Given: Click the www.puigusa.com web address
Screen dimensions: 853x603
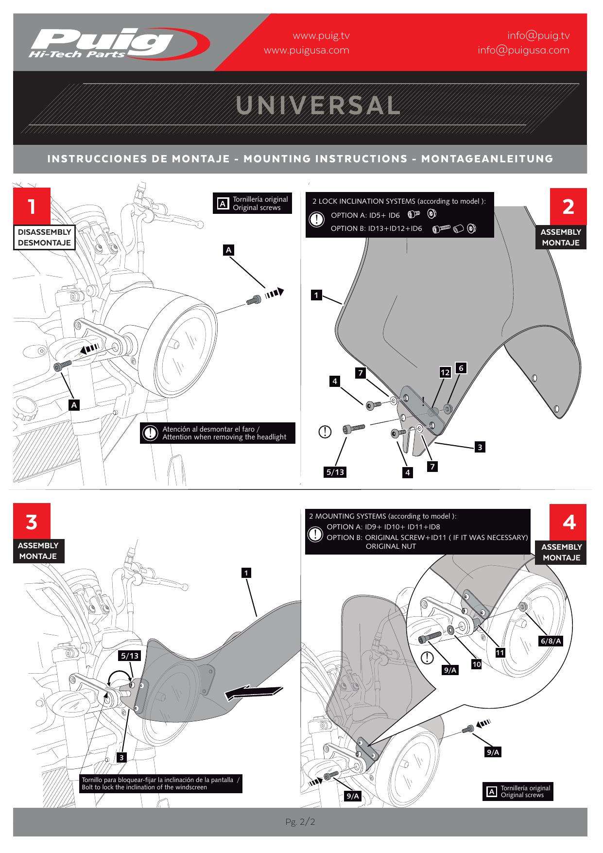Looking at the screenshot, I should click(x=306, y=50).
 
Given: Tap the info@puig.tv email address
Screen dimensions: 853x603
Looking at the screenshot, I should click(x=538, y=35).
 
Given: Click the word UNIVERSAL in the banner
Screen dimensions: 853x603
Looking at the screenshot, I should click(x=318, y=105).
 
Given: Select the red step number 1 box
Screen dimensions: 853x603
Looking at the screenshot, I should click(x=32, y=206).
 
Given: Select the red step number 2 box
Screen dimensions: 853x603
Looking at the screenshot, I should click(x=568, y=206).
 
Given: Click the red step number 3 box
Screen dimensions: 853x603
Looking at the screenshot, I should click(x=32, y=522).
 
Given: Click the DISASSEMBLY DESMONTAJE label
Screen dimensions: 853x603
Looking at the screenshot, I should click(x=44, y=237).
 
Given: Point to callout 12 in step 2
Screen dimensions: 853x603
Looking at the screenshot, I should click(x=445, y=373).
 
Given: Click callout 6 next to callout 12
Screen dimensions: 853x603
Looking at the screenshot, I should click(x=461, y=368).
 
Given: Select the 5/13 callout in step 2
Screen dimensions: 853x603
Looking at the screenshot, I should click(x=335, y=471).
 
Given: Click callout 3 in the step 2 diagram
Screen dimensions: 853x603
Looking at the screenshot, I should click(x=480, y=447).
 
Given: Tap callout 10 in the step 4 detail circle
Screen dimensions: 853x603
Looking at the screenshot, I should click(x=476, y=664).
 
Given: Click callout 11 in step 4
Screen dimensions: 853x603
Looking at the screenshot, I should click(x=500, y=653).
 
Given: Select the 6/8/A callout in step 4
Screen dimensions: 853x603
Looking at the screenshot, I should click(x=551, y=641).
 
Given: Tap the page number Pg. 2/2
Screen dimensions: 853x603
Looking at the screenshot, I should click(x=301, y=822).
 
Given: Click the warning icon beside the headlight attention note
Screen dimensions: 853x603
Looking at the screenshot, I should click(x=151, y=433).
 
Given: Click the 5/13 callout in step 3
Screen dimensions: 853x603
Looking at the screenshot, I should click(x=130, y=656).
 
